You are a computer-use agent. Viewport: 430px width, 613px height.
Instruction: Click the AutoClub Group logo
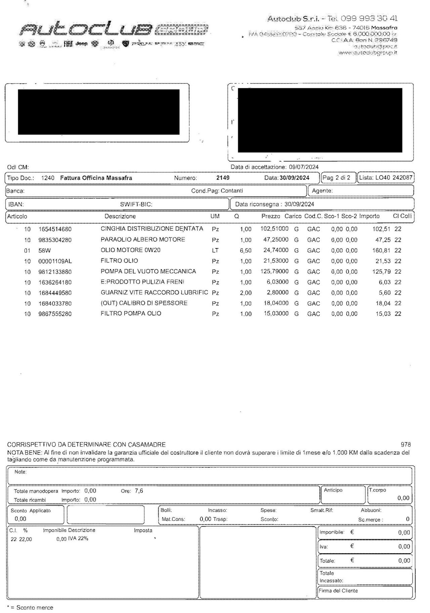tap(114, 30)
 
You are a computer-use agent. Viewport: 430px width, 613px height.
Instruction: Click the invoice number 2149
tap(223, 178)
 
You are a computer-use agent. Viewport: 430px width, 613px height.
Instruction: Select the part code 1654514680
tap(55, 229)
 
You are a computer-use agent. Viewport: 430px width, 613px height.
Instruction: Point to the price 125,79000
tap(274, 271)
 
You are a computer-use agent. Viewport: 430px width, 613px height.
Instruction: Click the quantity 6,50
tap(246, 251)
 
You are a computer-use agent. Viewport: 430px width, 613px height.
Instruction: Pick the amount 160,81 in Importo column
tap(382, 250)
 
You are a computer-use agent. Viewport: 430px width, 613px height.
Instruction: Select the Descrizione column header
tap(120, 217)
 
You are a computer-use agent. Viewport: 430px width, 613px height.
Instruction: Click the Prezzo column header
tap(270, 217)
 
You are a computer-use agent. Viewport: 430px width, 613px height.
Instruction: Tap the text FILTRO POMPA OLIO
tap(131, 314)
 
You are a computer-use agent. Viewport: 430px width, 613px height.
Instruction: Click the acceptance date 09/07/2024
tap(304, 167)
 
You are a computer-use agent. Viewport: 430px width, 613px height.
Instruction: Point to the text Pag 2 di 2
tap(336, 178)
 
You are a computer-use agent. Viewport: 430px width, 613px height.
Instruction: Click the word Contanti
tap(232, 191)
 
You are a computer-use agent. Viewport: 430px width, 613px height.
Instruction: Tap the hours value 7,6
tap(139, 491)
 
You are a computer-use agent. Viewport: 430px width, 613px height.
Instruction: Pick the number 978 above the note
tap(406, 445)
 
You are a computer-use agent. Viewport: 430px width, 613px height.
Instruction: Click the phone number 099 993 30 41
tap(369, 18)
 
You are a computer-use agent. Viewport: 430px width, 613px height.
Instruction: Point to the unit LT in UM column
tap(215, 250)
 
